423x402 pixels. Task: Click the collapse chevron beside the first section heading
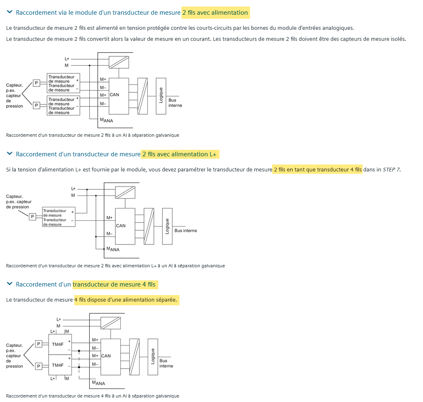10,12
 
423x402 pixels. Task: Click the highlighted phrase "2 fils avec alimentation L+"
180,154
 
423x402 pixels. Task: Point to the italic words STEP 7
391,169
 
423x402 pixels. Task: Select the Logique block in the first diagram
161,96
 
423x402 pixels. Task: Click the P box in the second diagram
33,217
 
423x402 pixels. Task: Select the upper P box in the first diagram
36,83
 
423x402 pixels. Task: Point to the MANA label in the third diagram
98,383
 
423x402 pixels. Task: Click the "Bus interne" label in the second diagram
186,231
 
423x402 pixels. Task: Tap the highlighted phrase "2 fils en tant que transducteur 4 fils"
317,169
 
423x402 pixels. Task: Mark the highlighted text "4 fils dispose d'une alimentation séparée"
126,300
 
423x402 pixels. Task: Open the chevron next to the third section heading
10,284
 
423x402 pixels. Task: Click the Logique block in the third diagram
153,357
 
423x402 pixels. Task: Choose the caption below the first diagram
93,135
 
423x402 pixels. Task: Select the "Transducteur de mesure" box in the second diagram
59,217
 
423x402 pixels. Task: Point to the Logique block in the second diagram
167,226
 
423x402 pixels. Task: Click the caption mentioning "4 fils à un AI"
93,396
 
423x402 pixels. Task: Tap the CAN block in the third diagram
111,356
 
